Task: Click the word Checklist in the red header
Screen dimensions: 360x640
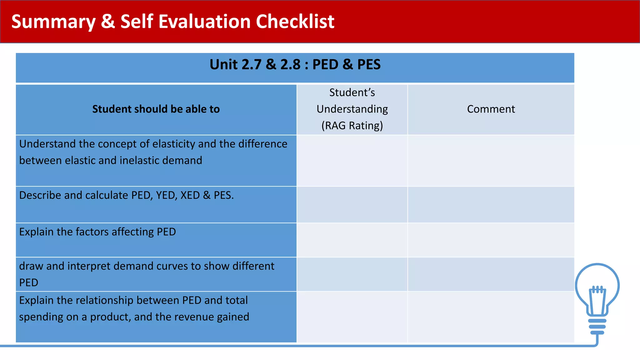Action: pyautogui.click(x=295, y=22)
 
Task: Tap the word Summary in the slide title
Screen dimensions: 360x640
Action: pyautogui.click(x=53, y=22)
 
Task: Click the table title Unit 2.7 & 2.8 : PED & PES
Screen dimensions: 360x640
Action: pyautogui.click(x=295, y=65)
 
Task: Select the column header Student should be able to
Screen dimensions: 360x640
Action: pyautogui.click(x=156, y=109)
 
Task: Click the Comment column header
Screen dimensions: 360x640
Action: pyautogui.click(x=491, y=109)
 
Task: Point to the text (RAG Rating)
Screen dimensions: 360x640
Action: pyautogui.click(x=352, y=126)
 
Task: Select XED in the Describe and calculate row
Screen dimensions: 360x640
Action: pyautogui.click(x=190, y=195)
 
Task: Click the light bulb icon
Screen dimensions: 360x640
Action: pyautogui.click(x=597, y=297)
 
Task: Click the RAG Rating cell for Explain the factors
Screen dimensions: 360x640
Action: pyautogui.click(x=352, y=240)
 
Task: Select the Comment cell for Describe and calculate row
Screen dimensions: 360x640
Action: pyautogui.click(x=491, y=205)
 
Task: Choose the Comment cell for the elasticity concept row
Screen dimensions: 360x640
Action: pyautogui.click(x=491, y=161)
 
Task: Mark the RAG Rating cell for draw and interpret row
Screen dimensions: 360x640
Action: pyautogui.click(x=352, y=274)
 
